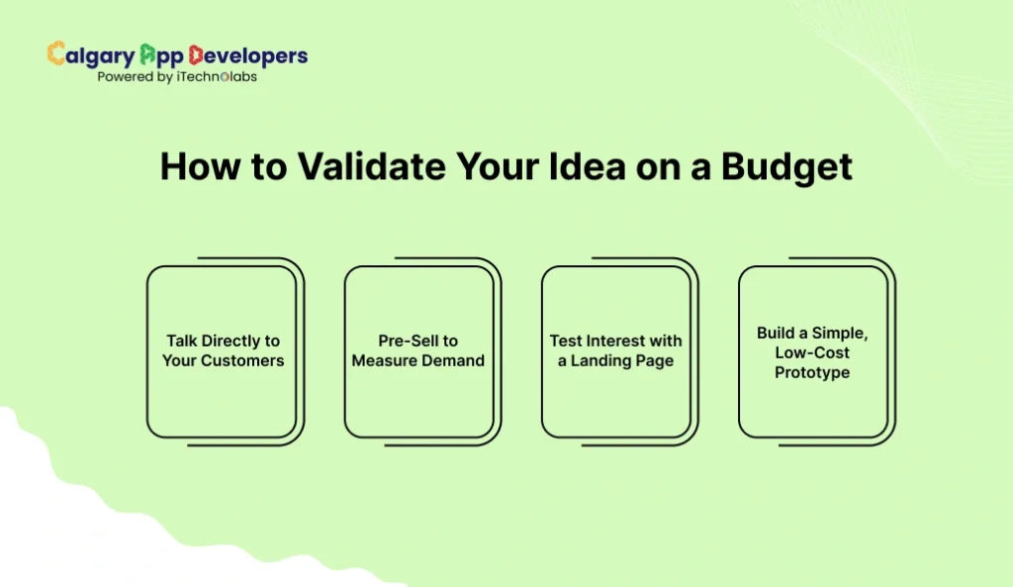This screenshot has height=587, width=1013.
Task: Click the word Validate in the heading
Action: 352,166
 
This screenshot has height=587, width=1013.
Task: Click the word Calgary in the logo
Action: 90,55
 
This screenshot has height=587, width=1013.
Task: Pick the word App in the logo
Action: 161,55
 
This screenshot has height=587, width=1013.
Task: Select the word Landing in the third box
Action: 606,360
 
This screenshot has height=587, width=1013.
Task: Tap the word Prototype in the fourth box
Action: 812,372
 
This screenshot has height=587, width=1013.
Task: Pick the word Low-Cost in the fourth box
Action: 812,352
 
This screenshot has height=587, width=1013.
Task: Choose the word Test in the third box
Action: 566,341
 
